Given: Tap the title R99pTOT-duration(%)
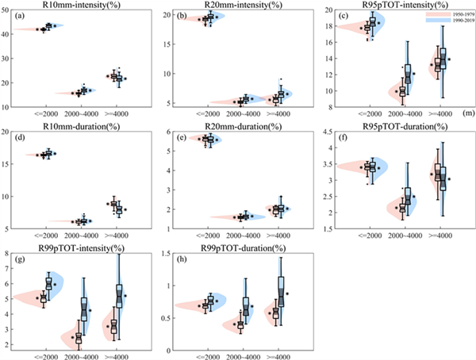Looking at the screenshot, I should [x=240, y=247].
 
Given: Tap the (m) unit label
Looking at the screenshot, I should [x=469, y=114].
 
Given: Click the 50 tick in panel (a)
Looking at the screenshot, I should [x=7, y=11].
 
